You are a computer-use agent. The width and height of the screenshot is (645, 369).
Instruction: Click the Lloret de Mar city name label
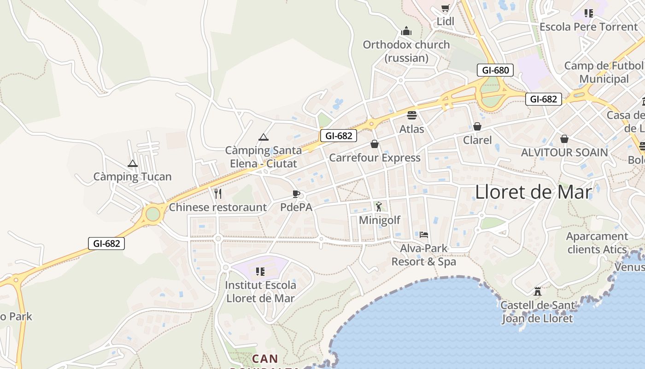pyautogui.click(x=533, y=192)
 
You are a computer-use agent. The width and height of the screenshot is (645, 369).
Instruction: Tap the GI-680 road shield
pyautogui.click(x=495, y=71)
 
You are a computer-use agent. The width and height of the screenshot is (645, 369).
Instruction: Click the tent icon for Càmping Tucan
pyautogui.click(x=133, y=163)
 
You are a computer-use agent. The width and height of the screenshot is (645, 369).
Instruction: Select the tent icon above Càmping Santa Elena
pyautogui.click(x=263, y=137)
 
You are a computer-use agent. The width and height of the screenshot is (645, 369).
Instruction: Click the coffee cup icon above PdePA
pyautogui.click(x=296, y=194)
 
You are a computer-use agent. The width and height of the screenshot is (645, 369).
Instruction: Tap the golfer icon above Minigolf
pyautogui.click(x=379, y=206)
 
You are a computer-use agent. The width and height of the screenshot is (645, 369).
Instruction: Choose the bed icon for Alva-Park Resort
pyautogui.click(x=424, y=235)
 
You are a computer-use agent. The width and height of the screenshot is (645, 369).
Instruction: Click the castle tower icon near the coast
pyautogui.click(x=537, y=291)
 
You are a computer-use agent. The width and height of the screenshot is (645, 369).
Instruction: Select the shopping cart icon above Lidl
pyautogui.click(x=445, y=8)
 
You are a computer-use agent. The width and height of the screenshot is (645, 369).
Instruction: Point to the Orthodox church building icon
pyautogui.click(x=406, y=31)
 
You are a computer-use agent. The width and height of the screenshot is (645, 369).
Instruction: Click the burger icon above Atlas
pyautogui.click(x=411, y=115)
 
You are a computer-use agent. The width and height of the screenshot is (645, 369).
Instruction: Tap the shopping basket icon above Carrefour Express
pyautogui.click(x=375, y=144)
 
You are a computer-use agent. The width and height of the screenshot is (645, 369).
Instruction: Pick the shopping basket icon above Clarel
pyautogui.click(x=477, y=126)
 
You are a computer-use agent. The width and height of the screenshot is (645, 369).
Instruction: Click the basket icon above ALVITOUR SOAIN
pyautogui.click(x=564, y=138)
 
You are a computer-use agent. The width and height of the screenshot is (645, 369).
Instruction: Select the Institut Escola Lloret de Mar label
pyautogui.click(x=260, y=292)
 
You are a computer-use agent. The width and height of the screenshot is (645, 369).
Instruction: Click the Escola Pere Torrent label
pyautogui.click(x=588, y=27)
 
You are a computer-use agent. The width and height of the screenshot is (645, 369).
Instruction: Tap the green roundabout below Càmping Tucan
pyautogui.click(x=152, y=214)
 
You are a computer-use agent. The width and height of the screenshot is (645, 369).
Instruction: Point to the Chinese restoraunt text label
pyautogui.click(x=217, y=207)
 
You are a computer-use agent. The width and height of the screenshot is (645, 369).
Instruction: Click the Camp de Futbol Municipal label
pyautogui.click(x=604, y=72)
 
